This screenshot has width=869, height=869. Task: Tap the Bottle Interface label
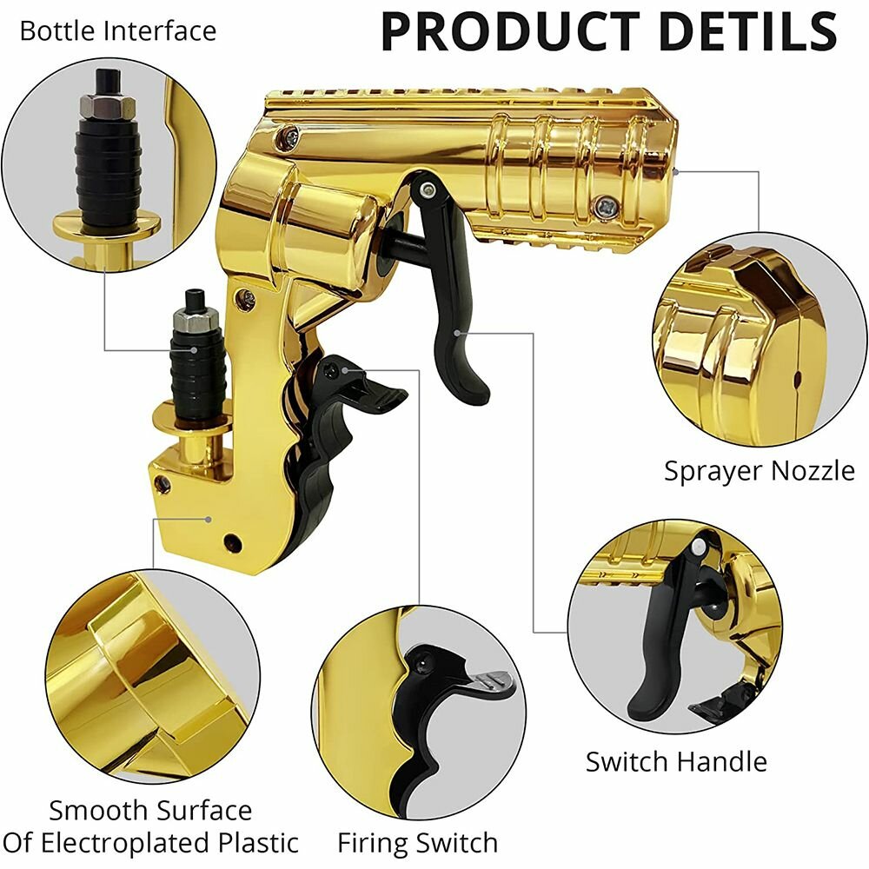pyautogui.click(x=117, y=31)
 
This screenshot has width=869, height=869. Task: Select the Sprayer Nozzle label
pyautogui.click(x=760, y=471)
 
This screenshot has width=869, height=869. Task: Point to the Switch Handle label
pyautogui.click(x=676, y=762)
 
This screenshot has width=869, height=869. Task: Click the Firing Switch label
pyautogui.click(x=417, y=842)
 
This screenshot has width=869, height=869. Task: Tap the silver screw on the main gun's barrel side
pyautogui.click(x=606, y=205)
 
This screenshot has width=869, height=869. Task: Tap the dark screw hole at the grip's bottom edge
pyautogui.click(x=232, y=543)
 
